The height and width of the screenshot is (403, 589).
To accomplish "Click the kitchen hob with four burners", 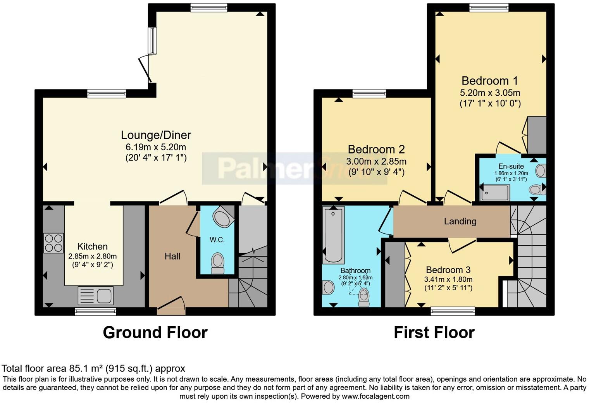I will click(x=53, y=243).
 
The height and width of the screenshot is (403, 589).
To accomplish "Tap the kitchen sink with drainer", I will click(x=95, y=296).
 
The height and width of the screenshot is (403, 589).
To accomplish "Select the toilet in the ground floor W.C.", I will click(x=218, y=263).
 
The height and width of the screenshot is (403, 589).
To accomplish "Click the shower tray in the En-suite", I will click(x=495, y=193).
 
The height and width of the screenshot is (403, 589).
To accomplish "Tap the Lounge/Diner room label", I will click(x=156, y=135).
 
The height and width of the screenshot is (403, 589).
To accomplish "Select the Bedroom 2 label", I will click(x=376, y=149).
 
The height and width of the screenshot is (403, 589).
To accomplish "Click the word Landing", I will click(x=460, y=221).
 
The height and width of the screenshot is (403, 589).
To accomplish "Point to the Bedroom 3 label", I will click(x=448, y=270).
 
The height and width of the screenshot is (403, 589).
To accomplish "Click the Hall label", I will click(x=172, y=256).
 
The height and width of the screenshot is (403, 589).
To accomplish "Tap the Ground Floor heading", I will click(x=155, y=332).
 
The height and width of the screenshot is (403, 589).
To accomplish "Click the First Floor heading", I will click(x=434, y=332).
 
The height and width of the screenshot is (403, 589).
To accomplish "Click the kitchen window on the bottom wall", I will click(x=95, y=311).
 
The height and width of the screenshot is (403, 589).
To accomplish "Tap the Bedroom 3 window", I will click(x=453, y=311).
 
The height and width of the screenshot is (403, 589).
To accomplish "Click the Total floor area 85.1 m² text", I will click(x=93, y=368).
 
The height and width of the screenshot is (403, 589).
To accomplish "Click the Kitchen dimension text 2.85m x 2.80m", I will click(x=92, y=256).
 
